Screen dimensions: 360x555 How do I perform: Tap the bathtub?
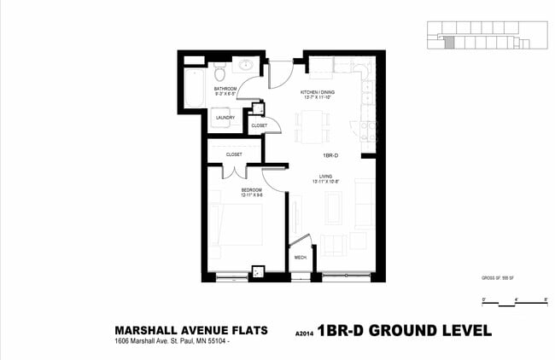(194, 84)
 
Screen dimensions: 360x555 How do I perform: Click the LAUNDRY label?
(225, 118)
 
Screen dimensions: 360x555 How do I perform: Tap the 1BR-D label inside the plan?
(331, 155)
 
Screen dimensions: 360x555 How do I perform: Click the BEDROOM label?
(251, 189)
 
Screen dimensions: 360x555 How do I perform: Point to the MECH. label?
(301, 257)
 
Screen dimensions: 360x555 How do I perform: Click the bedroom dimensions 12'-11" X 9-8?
(251, 195)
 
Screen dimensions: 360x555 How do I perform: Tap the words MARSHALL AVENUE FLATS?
(191, 330)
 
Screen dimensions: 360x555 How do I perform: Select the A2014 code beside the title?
(304, 334)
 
